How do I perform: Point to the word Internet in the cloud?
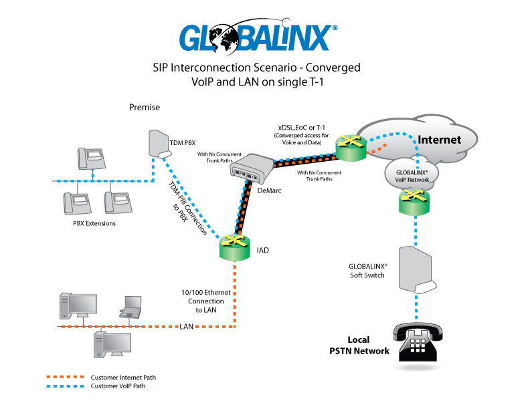click(439, 140)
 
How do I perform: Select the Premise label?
click(145, 107)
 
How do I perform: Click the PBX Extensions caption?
click(93, 223)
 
